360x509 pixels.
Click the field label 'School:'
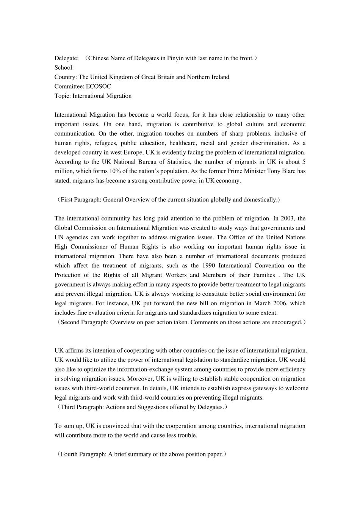point(64,68)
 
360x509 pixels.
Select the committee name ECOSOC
point(99,86)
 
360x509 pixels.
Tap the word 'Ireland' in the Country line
point(219,77)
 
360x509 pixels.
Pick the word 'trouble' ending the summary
point(187,436)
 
